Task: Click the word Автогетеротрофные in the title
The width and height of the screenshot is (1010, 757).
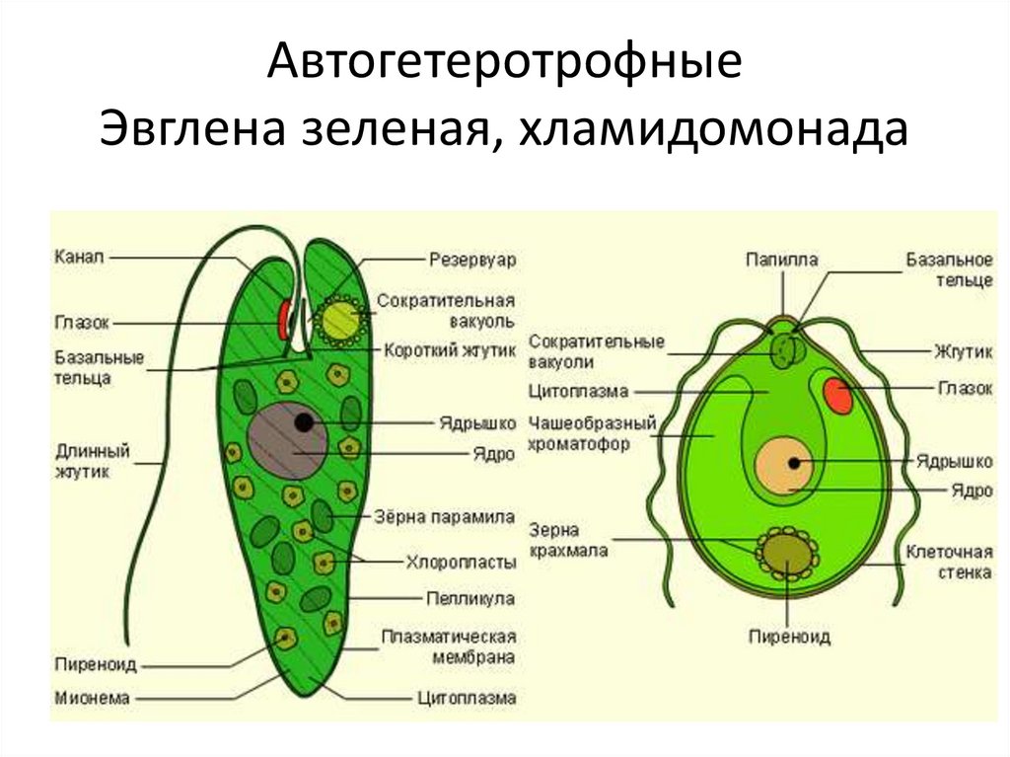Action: pos(504,65)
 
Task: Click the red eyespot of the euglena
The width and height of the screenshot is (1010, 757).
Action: pos(284,318)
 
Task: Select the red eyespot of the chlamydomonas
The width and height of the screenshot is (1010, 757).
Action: pos(838,394)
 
